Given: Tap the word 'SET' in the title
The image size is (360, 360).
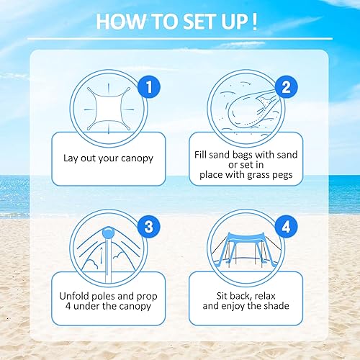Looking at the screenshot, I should pos(191,21).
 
